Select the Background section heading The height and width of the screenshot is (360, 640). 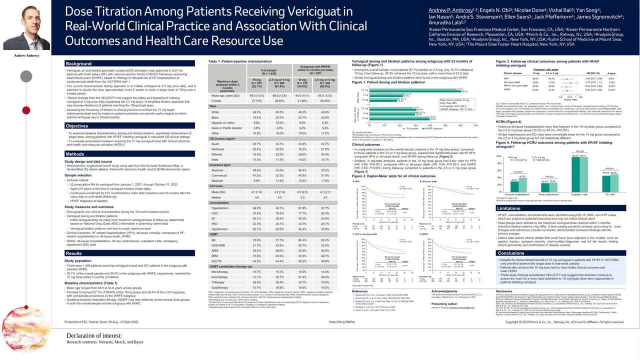click(x=79, y=64)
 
